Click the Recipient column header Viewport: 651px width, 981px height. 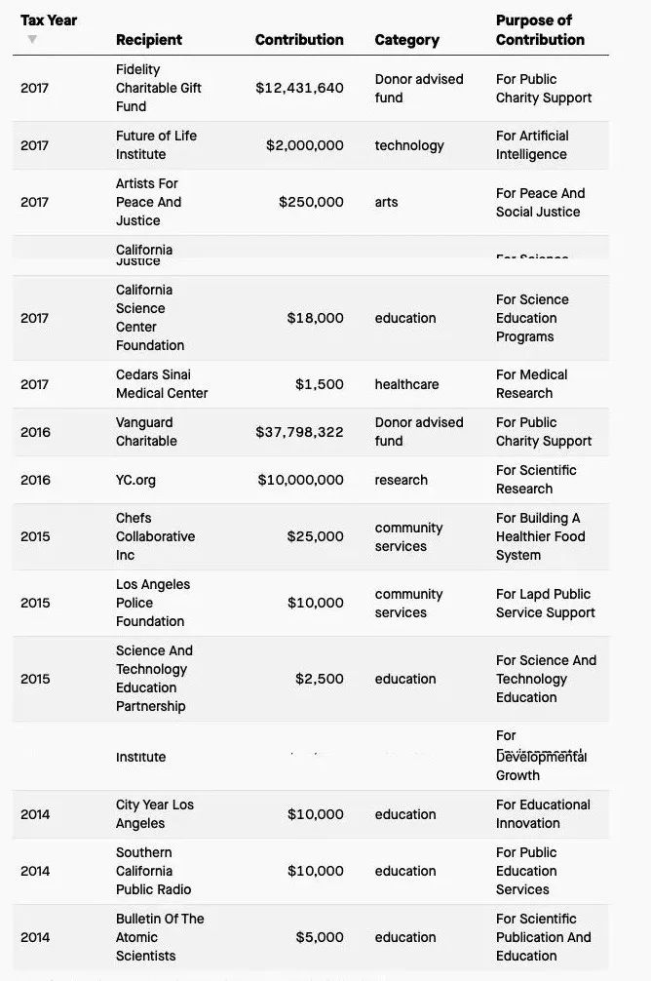[149, 40]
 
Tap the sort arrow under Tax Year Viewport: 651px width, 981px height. [32, 39]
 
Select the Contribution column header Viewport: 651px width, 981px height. [299, 40]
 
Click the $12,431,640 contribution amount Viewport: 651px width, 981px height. [299, 88]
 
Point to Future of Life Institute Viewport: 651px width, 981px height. [156, 145]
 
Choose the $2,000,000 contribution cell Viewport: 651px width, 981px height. [304, 145]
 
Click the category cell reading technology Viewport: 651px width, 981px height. [409, 145]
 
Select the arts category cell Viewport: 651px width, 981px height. [387, 202]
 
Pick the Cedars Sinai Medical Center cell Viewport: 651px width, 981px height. [162, 384]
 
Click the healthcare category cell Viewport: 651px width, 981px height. [406, 384]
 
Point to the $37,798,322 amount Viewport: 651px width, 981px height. [299, 432]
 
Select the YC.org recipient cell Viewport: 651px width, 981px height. [135, 480]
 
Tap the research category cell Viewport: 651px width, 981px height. [402, 480]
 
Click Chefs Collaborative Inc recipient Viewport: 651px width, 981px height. [155, 536]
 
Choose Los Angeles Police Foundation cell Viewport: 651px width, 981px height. [153, 603]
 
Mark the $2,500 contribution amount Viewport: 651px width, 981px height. [320, 679]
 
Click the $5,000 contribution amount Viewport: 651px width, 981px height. [320, 937]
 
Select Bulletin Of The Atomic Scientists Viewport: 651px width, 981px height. [160, 937]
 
